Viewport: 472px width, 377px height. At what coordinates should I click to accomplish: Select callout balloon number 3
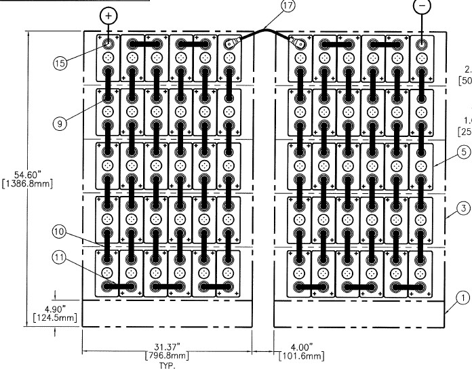pos(462,208)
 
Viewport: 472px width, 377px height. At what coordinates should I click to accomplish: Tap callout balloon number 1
pos(462,297)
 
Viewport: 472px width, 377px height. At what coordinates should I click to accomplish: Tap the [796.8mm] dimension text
pos(166,356)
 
